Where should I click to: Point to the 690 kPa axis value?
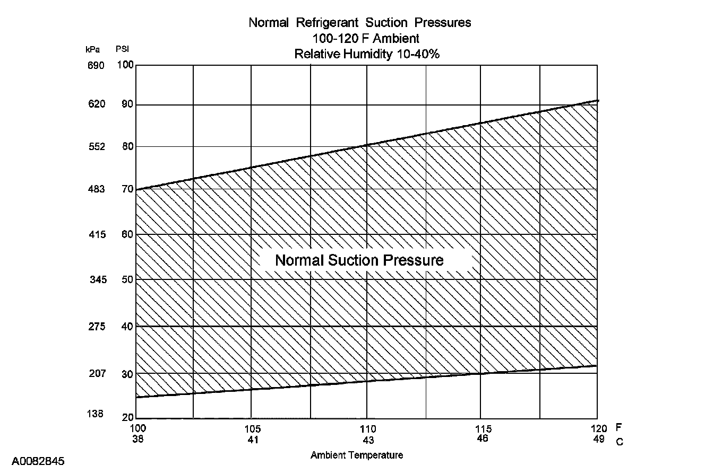point(96,65)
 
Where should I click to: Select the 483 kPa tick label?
point(96,189)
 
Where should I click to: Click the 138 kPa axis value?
point(95,414)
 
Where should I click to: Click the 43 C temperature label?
point(368,440)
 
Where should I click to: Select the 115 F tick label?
point(483,429)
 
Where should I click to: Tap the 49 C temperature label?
point(599,440)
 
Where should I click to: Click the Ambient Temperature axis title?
point(357,455)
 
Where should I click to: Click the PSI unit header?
point(123,49)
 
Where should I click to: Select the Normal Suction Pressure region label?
point(359,260)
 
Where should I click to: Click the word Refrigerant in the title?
point(326,23)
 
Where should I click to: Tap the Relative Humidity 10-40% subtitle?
point(367,54)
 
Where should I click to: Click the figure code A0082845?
point(38,461)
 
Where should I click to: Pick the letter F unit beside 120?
point(618,427)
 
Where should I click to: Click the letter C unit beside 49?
point(619,442)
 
